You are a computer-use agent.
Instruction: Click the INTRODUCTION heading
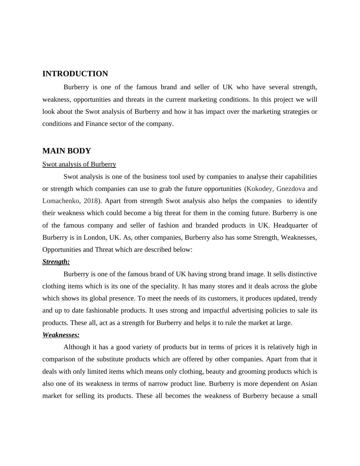click(x=75, y=74)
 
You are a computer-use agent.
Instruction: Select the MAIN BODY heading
click(x=67, y=151)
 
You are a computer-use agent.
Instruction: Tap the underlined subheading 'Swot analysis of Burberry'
click(x=79, y=164)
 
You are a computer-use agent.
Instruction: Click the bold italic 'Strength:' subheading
click(x=56, y=262)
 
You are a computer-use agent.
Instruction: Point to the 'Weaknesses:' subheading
click(x=61, y=335)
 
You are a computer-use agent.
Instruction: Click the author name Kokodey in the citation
click(x=260, y=189)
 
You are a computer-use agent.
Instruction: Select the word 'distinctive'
click(x=302, y=274)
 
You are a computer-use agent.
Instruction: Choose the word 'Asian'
click(x=309, y=384)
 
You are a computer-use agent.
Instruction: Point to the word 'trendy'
click(x=308, y=298)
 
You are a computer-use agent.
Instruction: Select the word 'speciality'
click(x=159, y=286)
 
